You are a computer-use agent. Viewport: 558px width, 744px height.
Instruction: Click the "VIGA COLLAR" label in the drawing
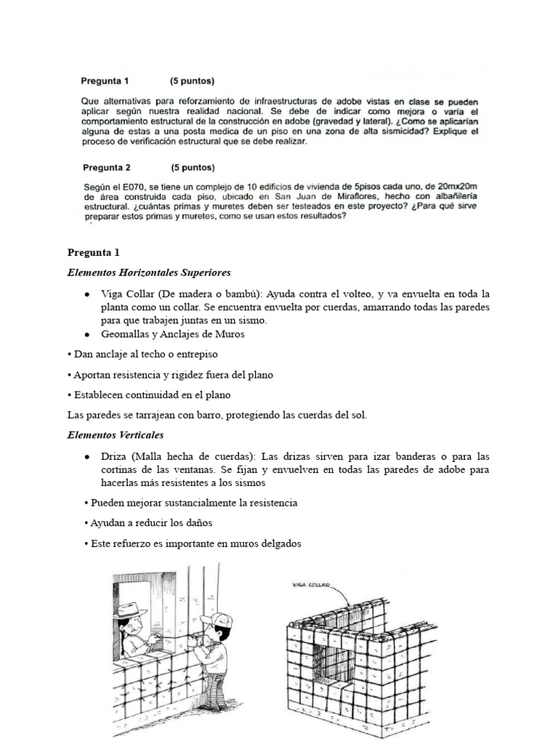coord(310,583)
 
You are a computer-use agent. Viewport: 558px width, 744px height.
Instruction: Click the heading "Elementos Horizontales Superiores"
coord(148,272)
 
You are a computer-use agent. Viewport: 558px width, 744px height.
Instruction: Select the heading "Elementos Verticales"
coord(115,435)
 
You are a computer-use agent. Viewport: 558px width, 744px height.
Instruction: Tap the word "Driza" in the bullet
coord(113,456)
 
